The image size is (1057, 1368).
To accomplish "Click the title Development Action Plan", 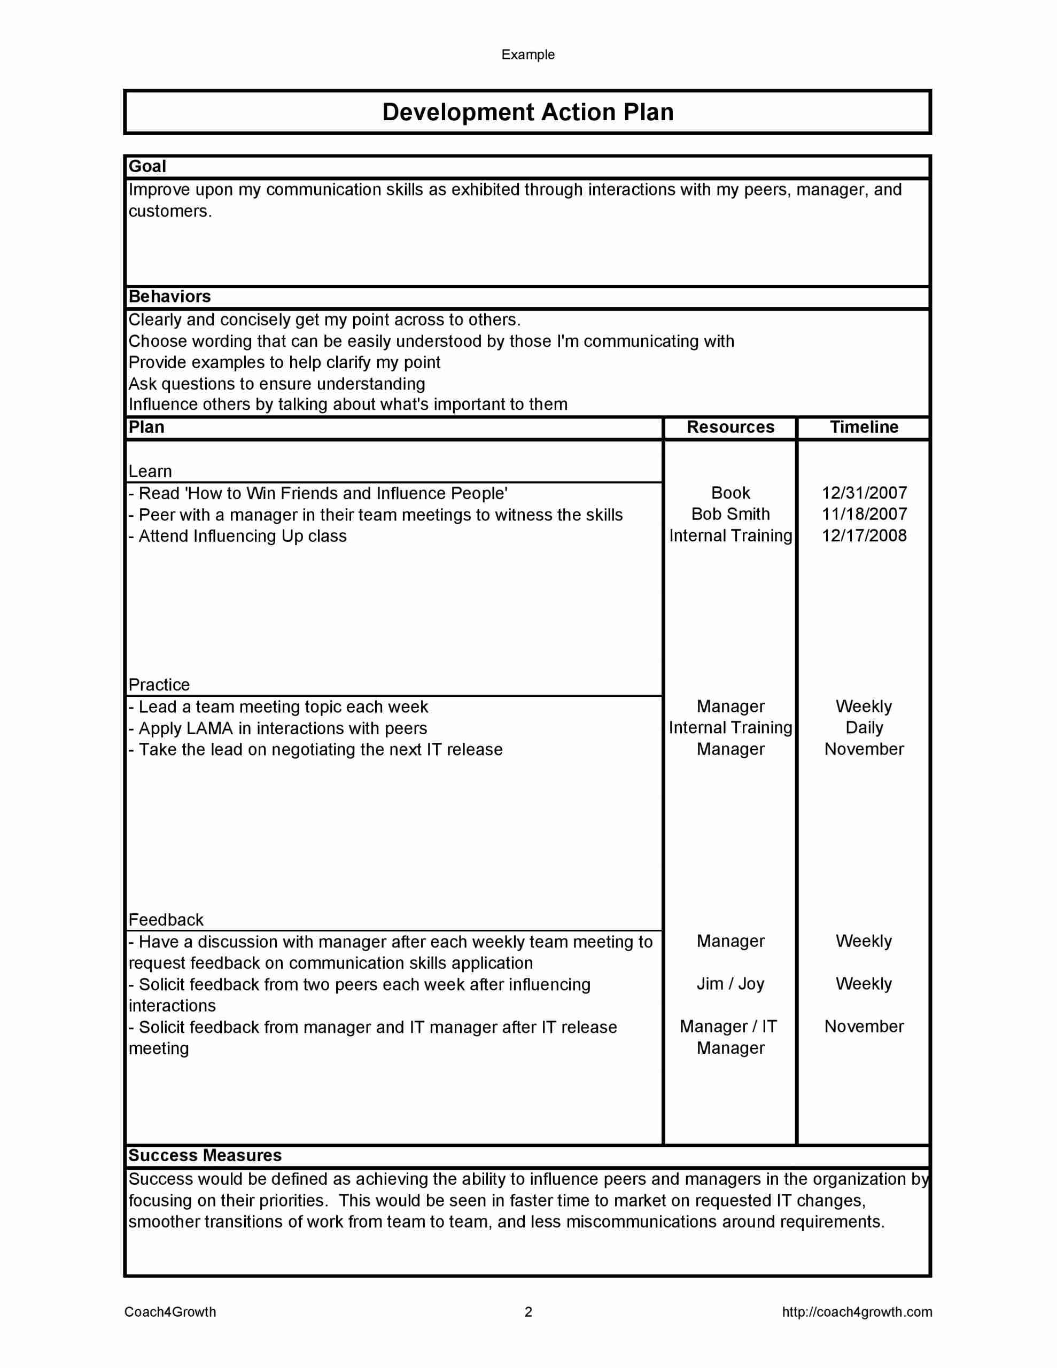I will click(x=527, y=112).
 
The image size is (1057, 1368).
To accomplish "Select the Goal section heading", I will click(x=147, y=166).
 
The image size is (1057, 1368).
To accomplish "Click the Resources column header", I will click(x=730, y=427).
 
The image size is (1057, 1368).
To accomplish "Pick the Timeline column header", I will click(x=864, y=427).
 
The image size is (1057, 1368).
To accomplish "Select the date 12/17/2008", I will click(x=864, y=535).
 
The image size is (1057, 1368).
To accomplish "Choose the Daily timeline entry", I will click(x=864, y=728).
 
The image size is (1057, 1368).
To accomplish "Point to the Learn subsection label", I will click(x=150, y=472).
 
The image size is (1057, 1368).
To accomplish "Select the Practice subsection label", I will click(x=159, y=685).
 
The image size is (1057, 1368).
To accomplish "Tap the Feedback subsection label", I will click(x=166, y=920).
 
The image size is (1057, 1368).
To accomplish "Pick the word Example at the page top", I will click(x=527, y=55).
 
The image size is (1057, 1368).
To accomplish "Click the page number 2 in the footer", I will click(x=528, y=1312).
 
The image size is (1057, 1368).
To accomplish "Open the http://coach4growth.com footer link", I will click(x=857, y=1312).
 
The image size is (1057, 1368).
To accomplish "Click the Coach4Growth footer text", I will click(x=170, y=1312).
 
